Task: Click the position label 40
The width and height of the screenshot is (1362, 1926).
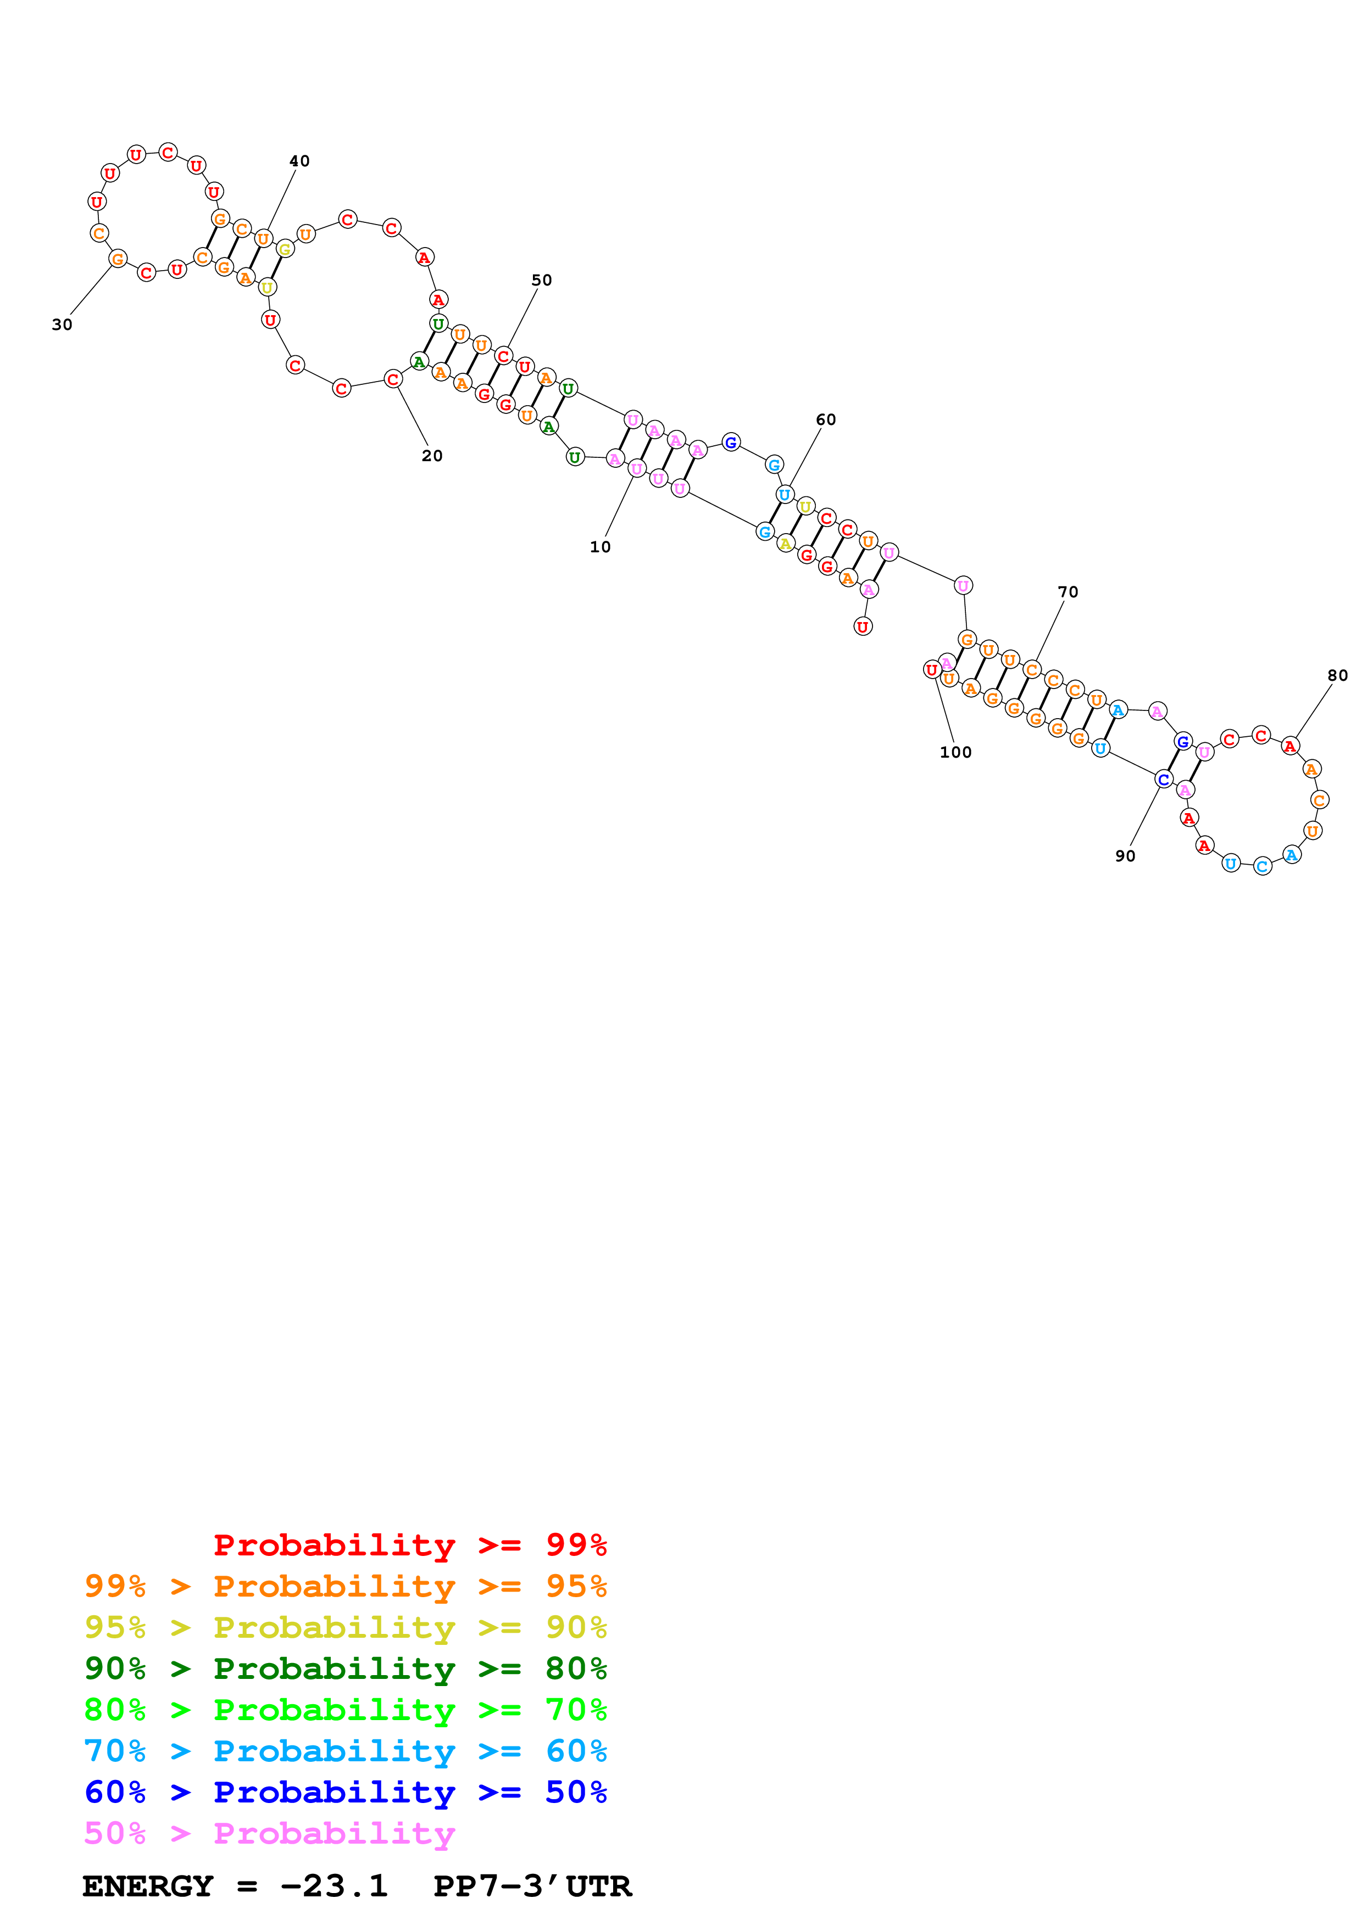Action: (x=299, y=161)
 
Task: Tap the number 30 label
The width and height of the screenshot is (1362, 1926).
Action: (x=62, y=324)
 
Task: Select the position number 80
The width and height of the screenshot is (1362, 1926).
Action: (x=1338, y=675)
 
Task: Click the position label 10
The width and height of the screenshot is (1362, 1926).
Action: (x=600, y=547)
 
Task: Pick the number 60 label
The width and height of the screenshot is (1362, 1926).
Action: (x=826, y=419)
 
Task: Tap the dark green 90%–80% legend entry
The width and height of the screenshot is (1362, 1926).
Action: (x=345, y=1669)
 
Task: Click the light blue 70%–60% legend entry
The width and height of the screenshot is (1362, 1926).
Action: (x=345, y=1751)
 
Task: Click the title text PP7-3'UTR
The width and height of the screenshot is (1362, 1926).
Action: (x=532, y=1886)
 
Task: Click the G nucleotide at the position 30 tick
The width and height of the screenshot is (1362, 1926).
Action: (x=118, y=259)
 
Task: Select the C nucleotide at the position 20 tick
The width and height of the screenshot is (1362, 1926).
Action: (x=393, y=379)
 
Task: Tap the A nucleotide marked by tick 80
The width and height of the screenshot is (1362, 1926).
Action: (x=1290, y=746)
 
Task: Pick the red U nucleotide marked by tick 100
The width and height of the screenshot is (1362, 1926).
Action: (x=931, y=669)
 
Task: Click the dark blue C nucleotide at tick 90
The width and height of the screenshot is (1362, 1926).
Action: (x=1163, y=779)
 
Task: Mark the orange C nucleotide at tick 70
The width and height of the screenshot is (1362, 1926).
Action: (x=1031, y=669)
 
